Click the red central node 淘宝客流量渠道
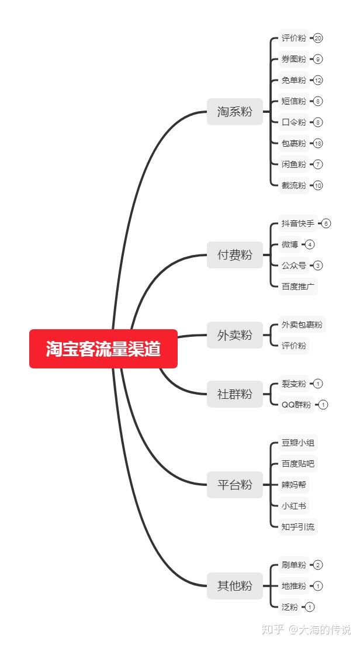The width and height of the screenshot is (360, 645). coord(103,349)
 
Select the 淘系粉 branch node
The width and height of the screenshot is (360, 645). coord(234,111)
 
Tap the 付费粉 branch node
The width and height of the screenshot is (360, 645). coord(234,255)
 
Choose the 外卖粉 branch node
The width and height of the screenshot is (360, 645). coord(234,335)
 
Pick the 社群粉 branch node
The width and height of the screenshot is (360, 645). coord(234,394)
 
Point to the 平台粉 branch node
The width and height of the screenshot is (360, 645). coord(234,485)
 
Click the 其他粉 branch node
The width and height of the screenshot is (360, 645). coord(234,585)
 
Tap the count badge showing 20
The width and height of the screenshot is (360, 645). coord(318,38)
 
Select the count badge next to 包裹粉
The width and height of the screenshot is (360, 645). coord(318,143)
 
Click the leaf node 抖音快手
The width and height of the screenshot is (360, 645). coord(297,223)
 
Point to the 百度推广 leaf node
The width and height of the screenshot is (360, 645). coord(297,287)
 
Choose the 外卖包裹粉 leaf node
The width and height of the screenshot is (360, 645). coord(302,325)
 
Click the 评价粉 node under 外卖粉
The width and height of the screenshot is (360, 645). coord(293,346)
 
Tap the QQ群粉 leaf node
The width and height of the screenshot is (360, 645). coord(296,405)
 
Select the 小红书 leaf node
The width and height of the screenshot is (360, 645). coord(293,506)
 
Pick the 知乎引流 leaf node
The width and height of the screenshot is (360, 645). coord(298,527)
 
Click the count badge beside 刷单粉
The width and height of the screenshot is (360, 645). coord(318,565)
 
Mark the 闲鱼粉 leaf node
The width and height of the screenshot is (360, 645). coord(293,164)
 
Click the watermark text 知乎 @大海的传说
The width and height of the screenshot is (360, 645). coord(306,629)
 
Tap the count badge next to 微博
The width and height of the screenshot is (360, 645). coord(310,244)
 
